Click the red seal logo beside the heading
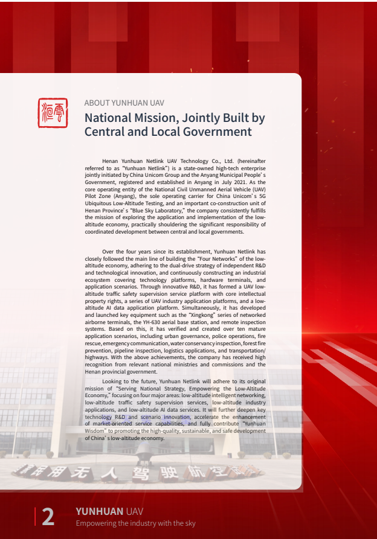53,113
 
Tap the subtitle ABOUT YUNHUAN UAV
124,103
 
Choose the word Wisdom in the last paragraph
97,431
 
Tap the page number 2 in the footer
48,517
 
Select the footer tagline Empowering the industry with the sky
135,523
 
